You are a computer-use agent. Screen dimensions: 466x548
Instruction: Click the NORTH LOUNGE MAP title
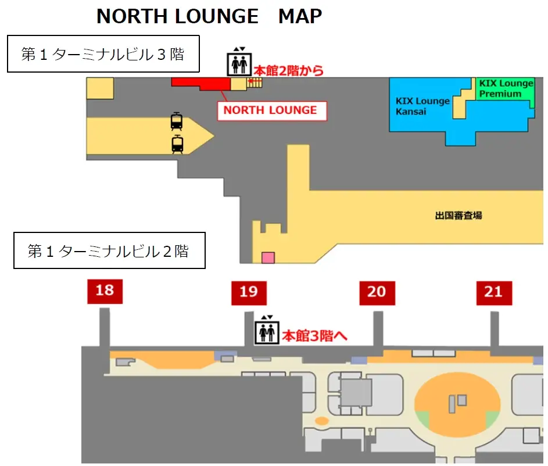click(x=209, y=16)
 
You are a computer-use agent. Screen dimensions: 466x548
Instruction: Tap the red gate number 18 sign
click(x=105, y=291)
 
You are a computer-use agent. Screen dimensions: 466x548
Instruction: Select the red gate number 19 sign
click(x=249, y=292)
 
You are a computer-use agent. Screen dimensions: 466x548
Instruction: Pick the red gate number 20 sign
click(x=377, y=292)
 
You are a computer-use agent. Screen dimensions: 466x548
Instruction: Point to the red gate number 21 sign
click(x=493, y=292)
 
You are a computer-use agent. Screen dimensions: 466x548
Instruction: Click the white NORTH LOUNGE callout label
click(x=271, y=110)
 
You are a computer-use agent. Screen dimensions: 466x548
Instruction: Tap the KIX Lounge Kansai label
click(x=422, y=106)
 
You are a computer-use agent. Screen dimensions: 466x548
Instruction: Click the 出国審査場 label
click(x=458, y=216)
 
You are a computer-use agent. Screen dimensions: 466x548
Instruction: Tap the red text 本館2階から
click(x=288, y=71)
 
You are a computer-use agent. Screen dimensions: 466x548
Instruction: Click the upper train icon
click(x=177, y=121)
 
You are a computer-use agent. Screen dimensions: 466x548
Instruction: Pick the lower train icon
click(x=177, y=144)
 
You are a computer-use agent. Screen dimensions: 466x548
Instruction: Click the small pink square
click(x=268, y=257)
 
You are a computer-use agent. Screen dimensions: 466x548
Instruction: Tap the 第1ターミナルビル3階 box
click(x=103, y=54)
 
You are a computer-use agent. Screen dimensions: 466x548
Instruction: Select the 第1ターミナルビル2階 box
click(x=109, y=251)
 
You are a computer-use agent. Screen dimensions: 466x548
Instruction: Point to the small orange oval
click(x=321, y=420)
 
